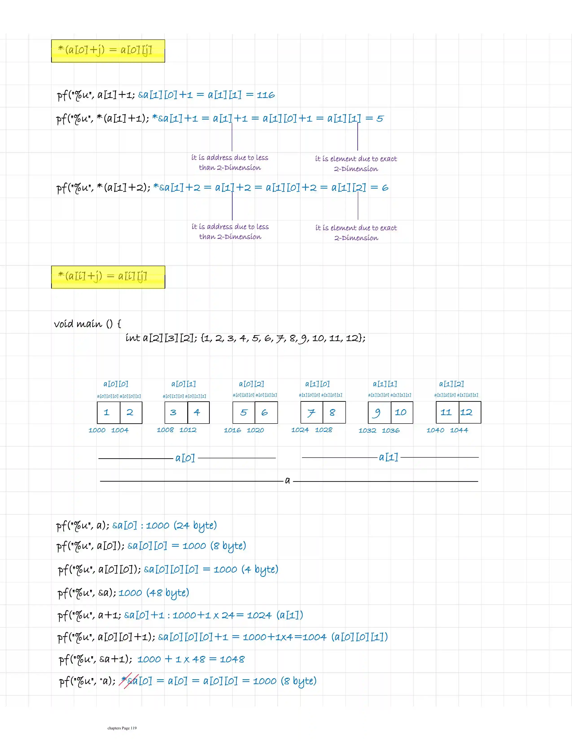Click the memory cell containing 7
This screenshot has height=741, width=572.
pos(312,412)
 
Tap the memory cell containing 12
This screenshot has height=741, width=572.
pos(470,412)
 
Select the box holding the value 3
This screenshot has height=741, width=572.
pos(176,412)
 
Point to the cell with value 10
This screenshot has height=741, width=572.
pos(402,412)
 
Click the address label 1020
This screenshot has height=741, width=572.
pos(255,430)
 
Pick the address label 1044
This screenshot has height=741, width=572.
pos(459,430)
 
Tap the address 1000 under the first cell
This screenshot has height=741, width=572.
pos(97,430)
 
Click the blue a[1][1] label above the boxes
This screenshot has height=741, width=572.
pos(385,384)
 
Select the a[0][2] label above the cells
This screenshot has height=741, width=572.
pos(251,384)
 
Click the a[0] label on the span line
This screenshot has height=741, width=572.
pos(185,458)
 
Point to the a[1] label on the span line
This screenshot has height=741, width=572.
pos(388,457)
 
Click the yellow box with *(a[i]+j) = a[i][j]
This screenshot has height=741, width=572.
pos(108,277)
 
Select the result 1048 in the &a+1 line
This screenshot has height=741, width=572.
pos(232,659)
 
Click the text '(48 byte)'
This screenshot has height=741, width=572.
pos(168,593)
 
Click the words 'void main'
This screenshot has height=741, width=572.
pos(78,324)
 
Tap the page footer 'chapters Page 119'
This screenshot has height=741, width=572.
pos(122,728)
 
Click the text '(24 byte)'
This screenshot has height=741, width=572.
pos(195,526)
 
